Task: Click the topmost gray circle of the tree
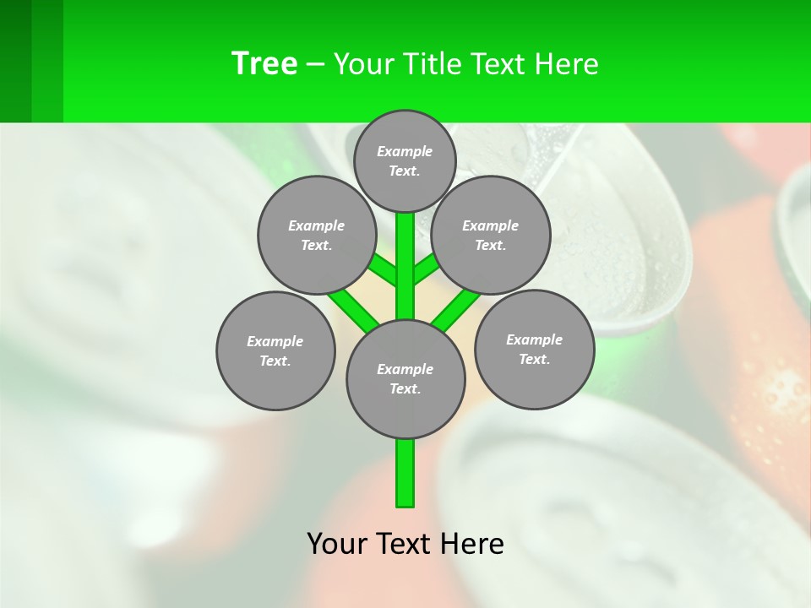405,160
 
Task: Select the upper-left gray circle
316,235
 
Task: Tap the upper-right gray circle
491,235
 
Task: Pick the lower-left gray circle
275,350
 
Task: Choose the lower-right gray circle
535,349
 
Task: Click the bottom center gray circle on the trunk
405,378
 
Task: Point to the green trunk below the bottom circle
405,473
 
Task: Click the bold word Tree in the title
264,63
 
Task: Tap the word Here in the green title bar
569,64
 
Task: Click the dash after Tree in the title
315,65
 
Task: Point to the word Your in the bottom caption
336,544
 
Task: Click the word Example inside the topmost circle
405,152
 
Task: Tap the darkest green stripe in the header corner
15,61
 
